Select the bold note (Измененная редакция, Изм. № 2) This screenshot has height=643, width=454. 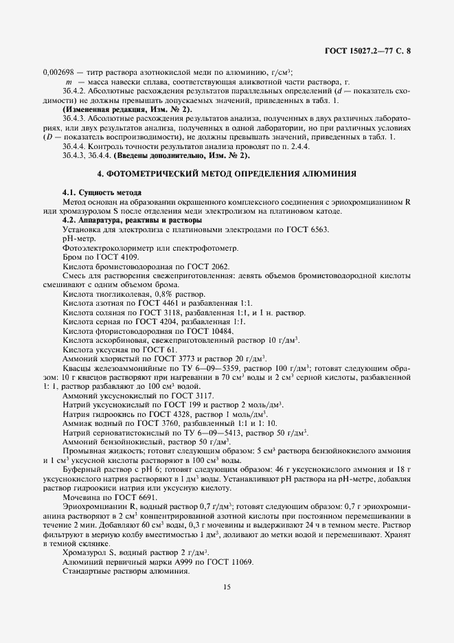pos(128,110)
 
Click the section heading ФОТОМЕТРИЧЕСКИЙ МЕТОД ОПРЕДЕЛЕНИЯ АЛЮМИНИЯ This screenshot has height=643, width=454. pos(226,175)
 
